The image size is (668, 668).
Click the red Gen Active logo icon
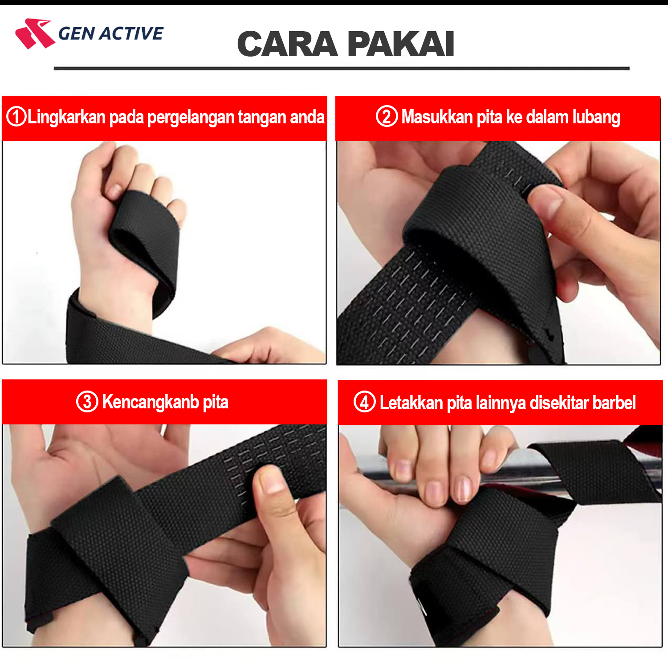35,33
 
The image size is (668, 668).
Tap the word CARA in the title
287,44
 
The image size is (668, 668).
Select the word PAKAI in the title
401,44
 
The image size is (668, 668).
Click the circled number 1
16,117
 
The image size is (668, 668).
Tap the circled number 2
387,116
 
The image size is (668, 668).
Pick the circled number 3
87,401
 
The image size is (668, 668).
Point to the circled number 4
364,402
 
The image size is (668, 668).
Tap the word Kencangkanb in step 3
151,402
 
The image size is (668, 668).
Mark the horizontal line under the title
342,69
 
